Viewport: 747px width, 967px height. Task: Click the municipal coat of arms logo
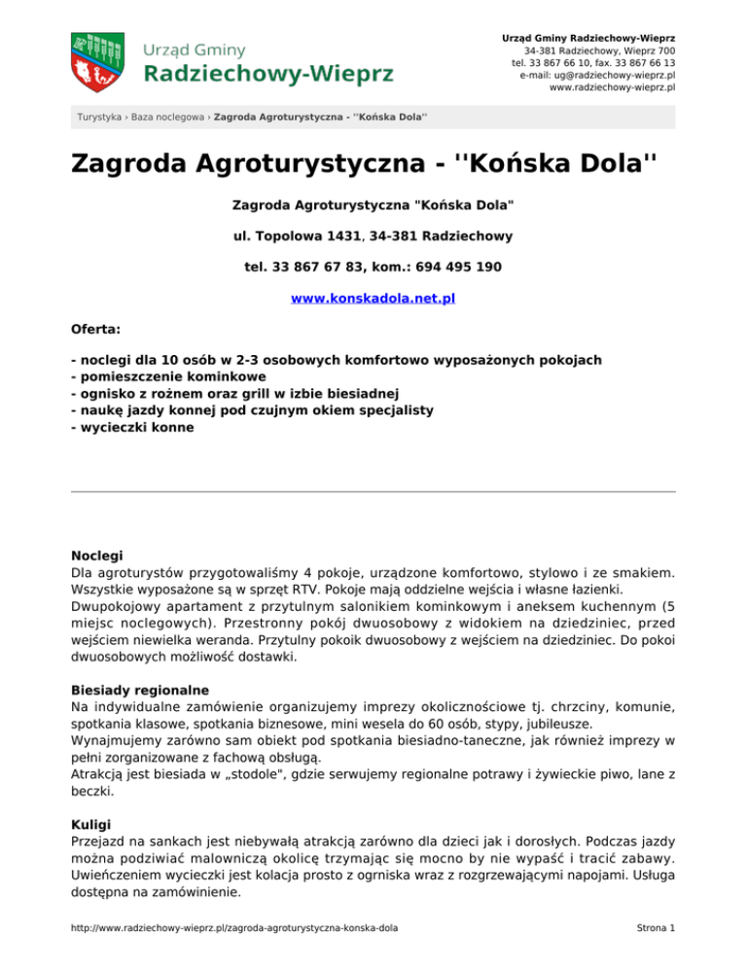[97, 58]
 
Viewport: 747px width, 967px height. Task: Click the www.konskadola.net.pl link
[373, 301]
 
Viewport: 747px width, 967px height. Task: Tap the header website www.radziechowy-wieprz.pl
[613, 87]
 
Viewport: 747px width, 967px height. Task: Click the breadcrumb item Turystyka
[100, 118]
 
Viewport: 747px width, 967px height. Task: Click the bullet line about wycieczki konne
[132, 426]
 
